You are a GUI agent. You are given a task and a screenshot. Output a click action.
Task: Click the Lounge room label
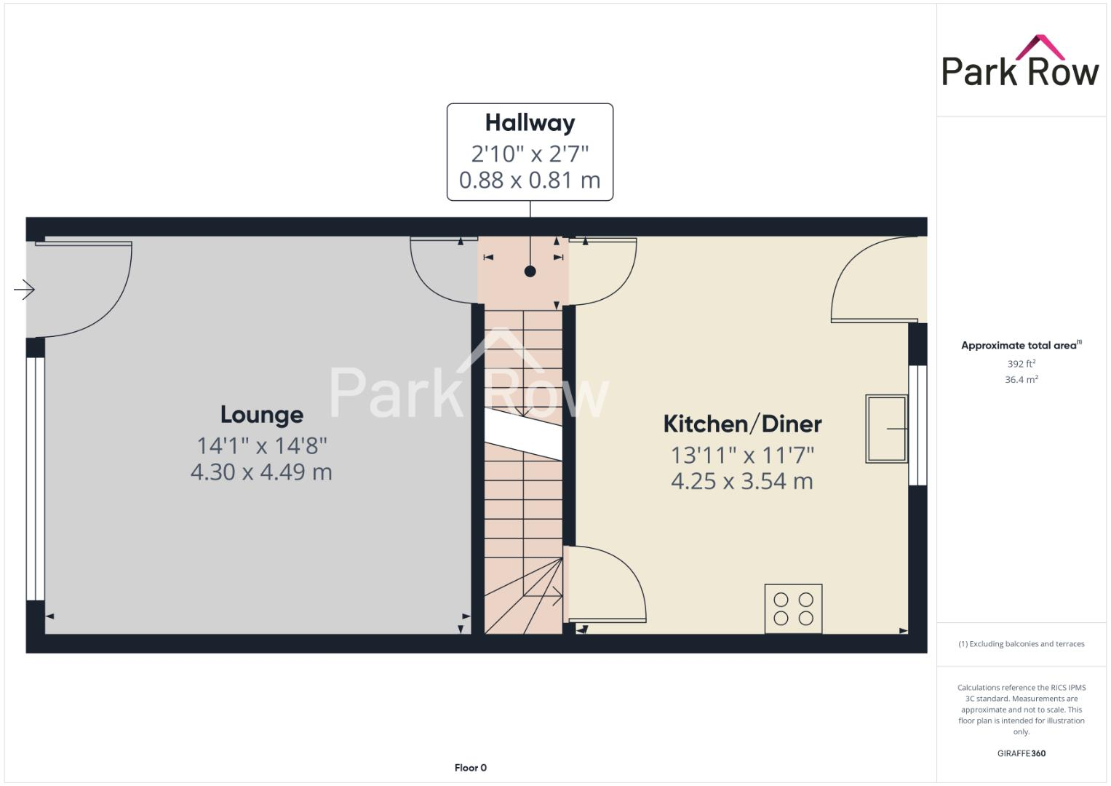pos(261,415)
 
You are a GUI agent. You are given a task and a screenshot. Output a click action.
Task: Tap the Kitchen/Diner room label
pos(742,424)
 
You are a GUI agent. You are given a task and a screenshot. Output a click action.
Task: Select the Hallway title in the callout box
pos(530,123)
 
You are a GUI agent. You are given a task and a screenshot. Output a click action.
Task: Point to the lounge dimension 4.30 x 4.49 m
pos(261,472)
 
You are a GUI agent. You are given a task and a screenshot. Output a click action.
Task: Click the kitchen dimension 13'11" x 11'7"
pos(742,455)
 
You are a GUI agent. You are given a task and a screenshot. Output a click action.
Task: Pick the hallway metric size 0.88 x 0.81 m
pos(530,180)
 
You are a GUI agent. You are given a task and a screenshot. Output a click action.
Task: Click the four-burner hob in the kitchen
pos(793,608)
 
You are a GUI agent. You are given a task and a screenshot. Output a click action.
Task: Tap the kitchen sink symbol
pos(886,429)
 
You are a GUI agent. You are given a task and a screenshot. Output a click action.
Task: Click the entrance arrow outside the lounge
pos(24,290)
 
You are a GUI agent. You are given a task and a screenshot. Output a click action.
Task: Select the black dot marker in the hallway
pos(530,271)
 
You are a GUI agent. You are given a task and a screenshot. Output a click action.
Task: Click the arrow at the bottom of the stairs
pos(556,596)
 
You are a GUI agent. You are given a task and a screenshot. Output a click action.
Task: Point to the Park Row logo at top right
pos(1020,63)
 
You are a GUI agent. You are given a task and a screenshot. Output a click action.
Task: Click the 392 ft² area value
pos(1021,364)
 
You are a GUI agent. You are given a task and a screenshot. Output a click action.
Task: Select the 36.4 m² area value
pos(1021,379)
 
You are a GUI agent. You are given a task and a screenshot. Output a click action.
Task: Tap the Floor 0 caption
pos(470,768)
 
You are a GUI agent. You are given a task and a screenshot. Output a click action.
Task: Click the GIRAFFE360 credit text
pos(1021,753)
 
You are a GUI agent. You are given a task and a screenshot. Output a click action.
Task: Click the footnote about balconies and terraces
pos(1021,644)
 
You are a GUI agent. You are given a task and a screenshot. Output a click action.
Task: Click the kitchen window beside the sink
pos(917,425)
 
